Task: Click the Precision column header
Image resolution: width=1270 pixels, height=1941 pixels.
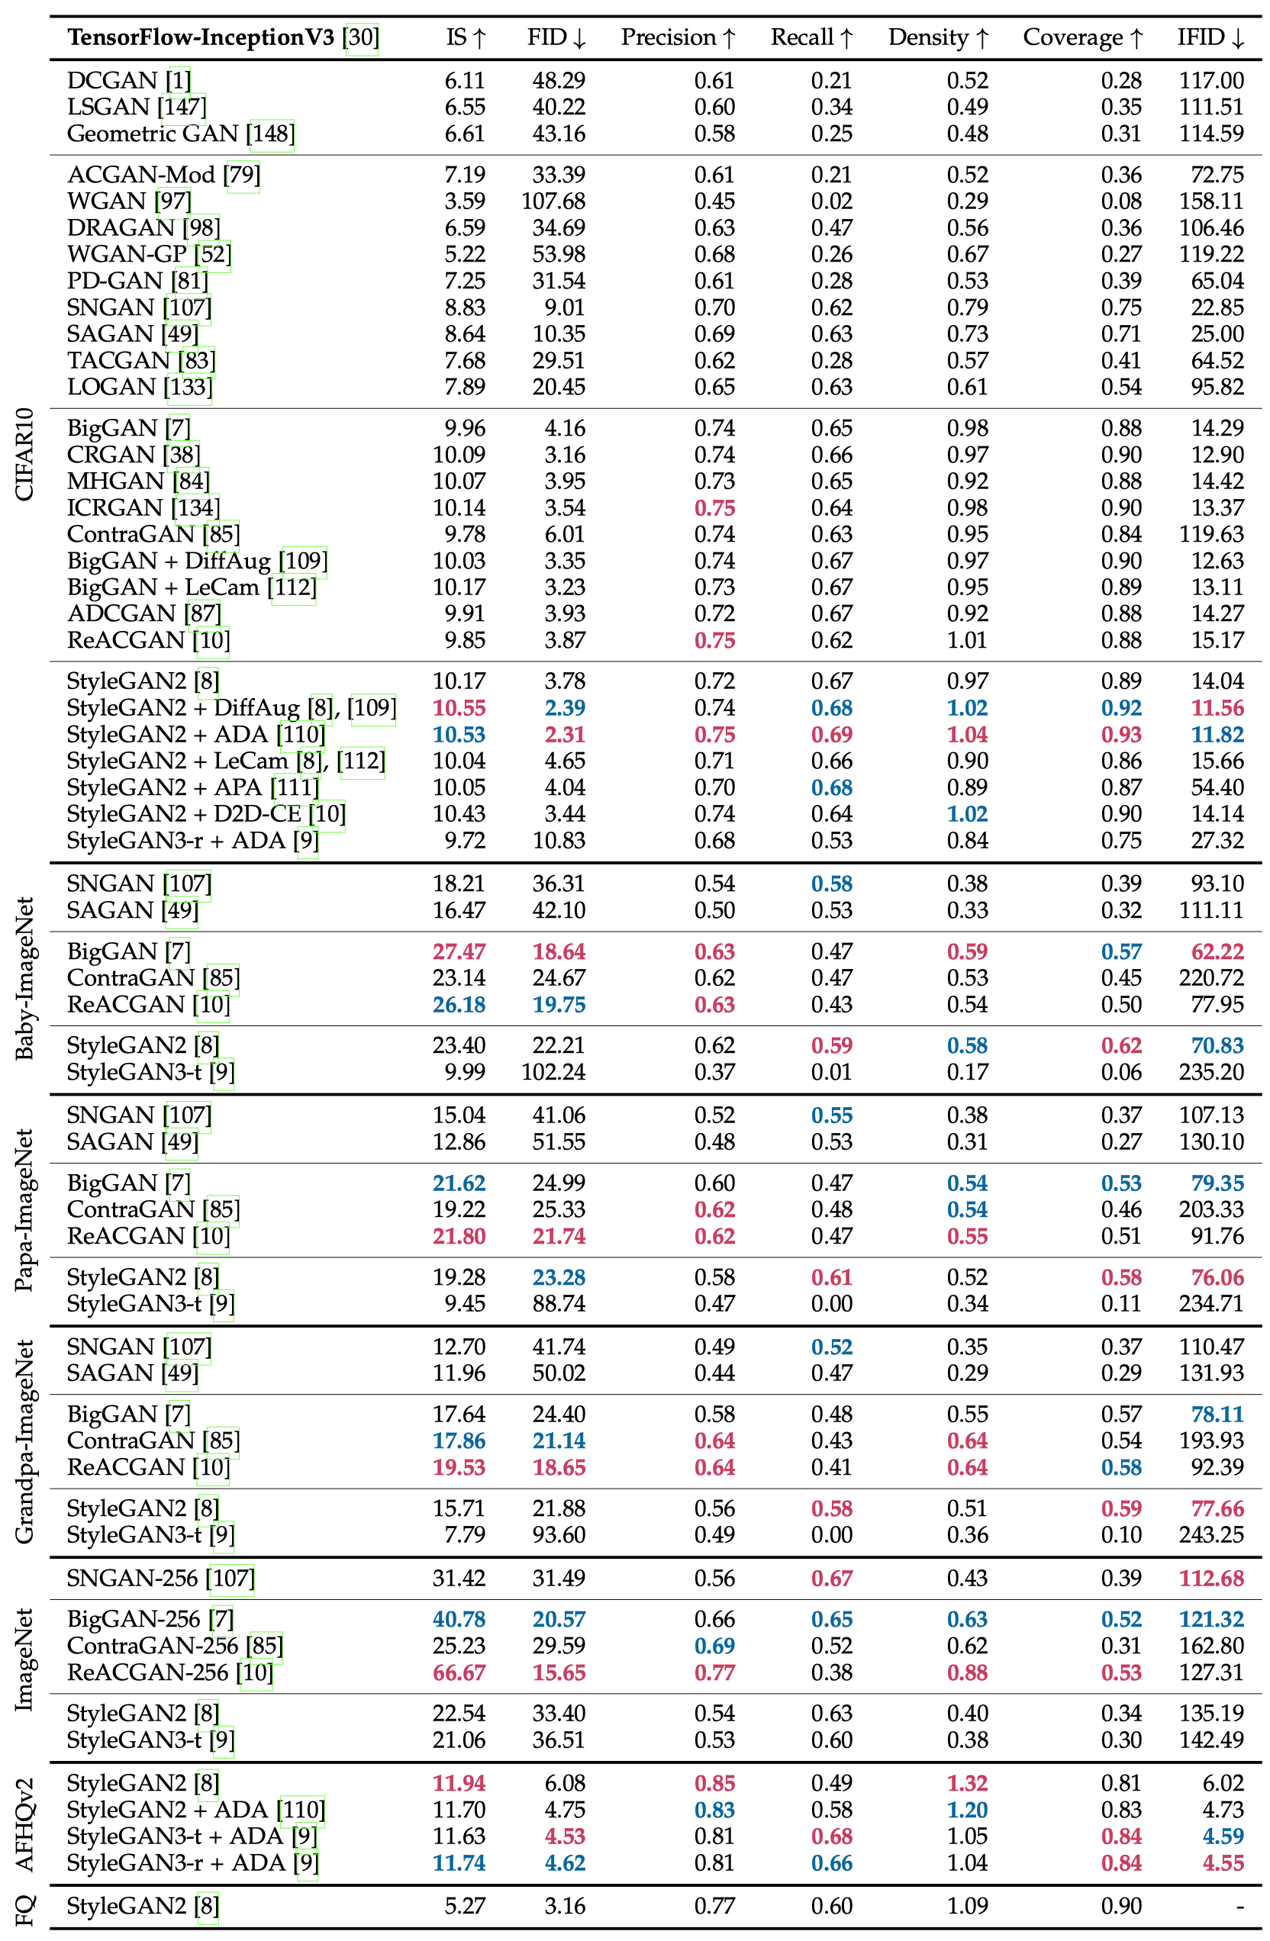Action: coord(677,37)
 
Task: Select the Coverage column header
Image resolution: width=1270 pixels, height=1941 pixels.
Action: coord(1082,37)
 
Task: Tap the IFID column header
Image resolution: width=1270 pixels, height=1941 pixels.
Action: coord(1210,37)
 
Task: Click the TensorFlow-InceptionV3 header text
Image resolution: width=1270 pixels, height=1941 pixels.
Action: coord(201,37)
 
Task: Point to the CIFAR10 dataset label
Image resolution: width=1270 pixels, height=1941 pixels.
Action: coord(24,453)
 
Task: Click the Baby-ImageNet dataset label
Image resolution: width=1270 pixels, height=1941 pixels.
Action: coord(24,978)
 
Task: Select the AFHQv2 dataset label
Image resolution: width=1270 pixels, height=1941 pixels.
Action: coord(24,1824)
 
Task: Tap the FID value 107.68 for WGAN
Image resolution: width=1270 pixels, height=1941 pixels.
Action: coord(553,201)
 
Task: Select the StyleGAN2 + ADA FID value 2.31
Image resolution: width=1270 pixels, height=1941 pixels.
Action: coord(565,734)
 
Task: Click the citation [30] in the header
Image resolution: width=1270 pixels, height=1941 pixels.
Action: coord(363,37)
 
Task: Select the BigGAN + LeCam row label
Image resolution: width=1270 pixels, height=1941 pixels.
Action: coord(163,587)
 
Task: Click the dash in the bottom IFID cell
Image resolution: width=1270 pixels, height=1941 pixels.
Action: coord(1239,1906)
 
